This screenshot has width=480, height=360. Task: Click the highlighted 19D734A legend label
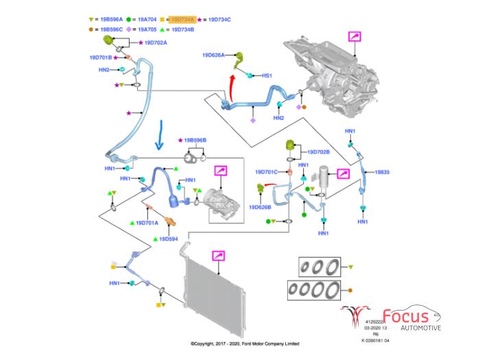click(x=183, y=21)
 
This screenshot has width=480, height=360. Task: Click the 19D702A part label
click(x=156, y=43)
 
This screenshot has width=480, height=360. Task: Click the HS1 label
click(x=267, y=75)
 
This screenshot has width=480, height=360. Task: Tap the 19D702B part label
click(x=319, y=152)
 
